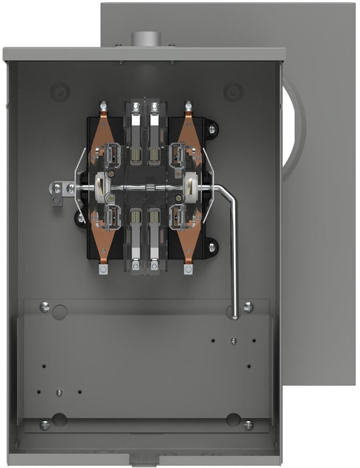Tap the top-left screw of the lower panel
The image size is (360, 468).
point(44,307)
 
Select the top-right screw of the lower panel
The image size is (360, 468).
point(248,307)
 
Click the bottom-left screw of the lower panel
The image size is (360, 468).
point(44,425)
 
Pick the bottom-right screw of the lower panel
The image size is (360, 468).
point(248,425)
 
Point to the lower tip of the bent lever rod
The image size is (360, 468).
point(234,317)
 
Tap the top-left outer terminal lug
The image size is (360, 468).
point(103,106)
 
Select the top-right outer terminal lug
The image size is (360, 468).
point(188,106)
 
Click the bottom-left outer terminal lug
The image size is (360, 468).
point(103,269)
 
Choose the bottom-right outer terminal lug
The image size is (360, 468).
point(188,269)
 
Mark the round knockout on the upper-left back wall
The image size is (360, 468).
point(61,92)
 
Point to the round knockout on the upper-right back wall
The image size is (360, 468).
point(233,92)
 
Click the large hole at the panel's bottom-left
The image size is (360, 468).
point(60,419)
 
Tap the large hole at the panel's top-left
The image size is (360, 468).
point(60,311)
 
